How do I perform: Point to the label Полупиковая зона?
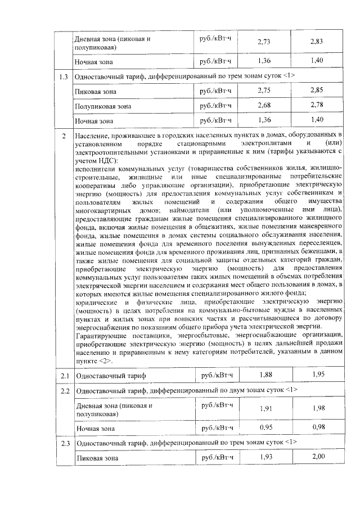(x=103, y=106)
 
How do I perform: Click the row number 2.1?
(x=64, y=375)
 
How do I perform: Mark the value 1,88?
(x=264, y=374)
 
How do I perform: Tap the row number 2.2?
(x=64, y=390)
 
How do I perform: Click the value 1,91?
(x=264, y=409)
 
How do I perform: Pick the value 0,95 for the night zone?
(x=264, y=428)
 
